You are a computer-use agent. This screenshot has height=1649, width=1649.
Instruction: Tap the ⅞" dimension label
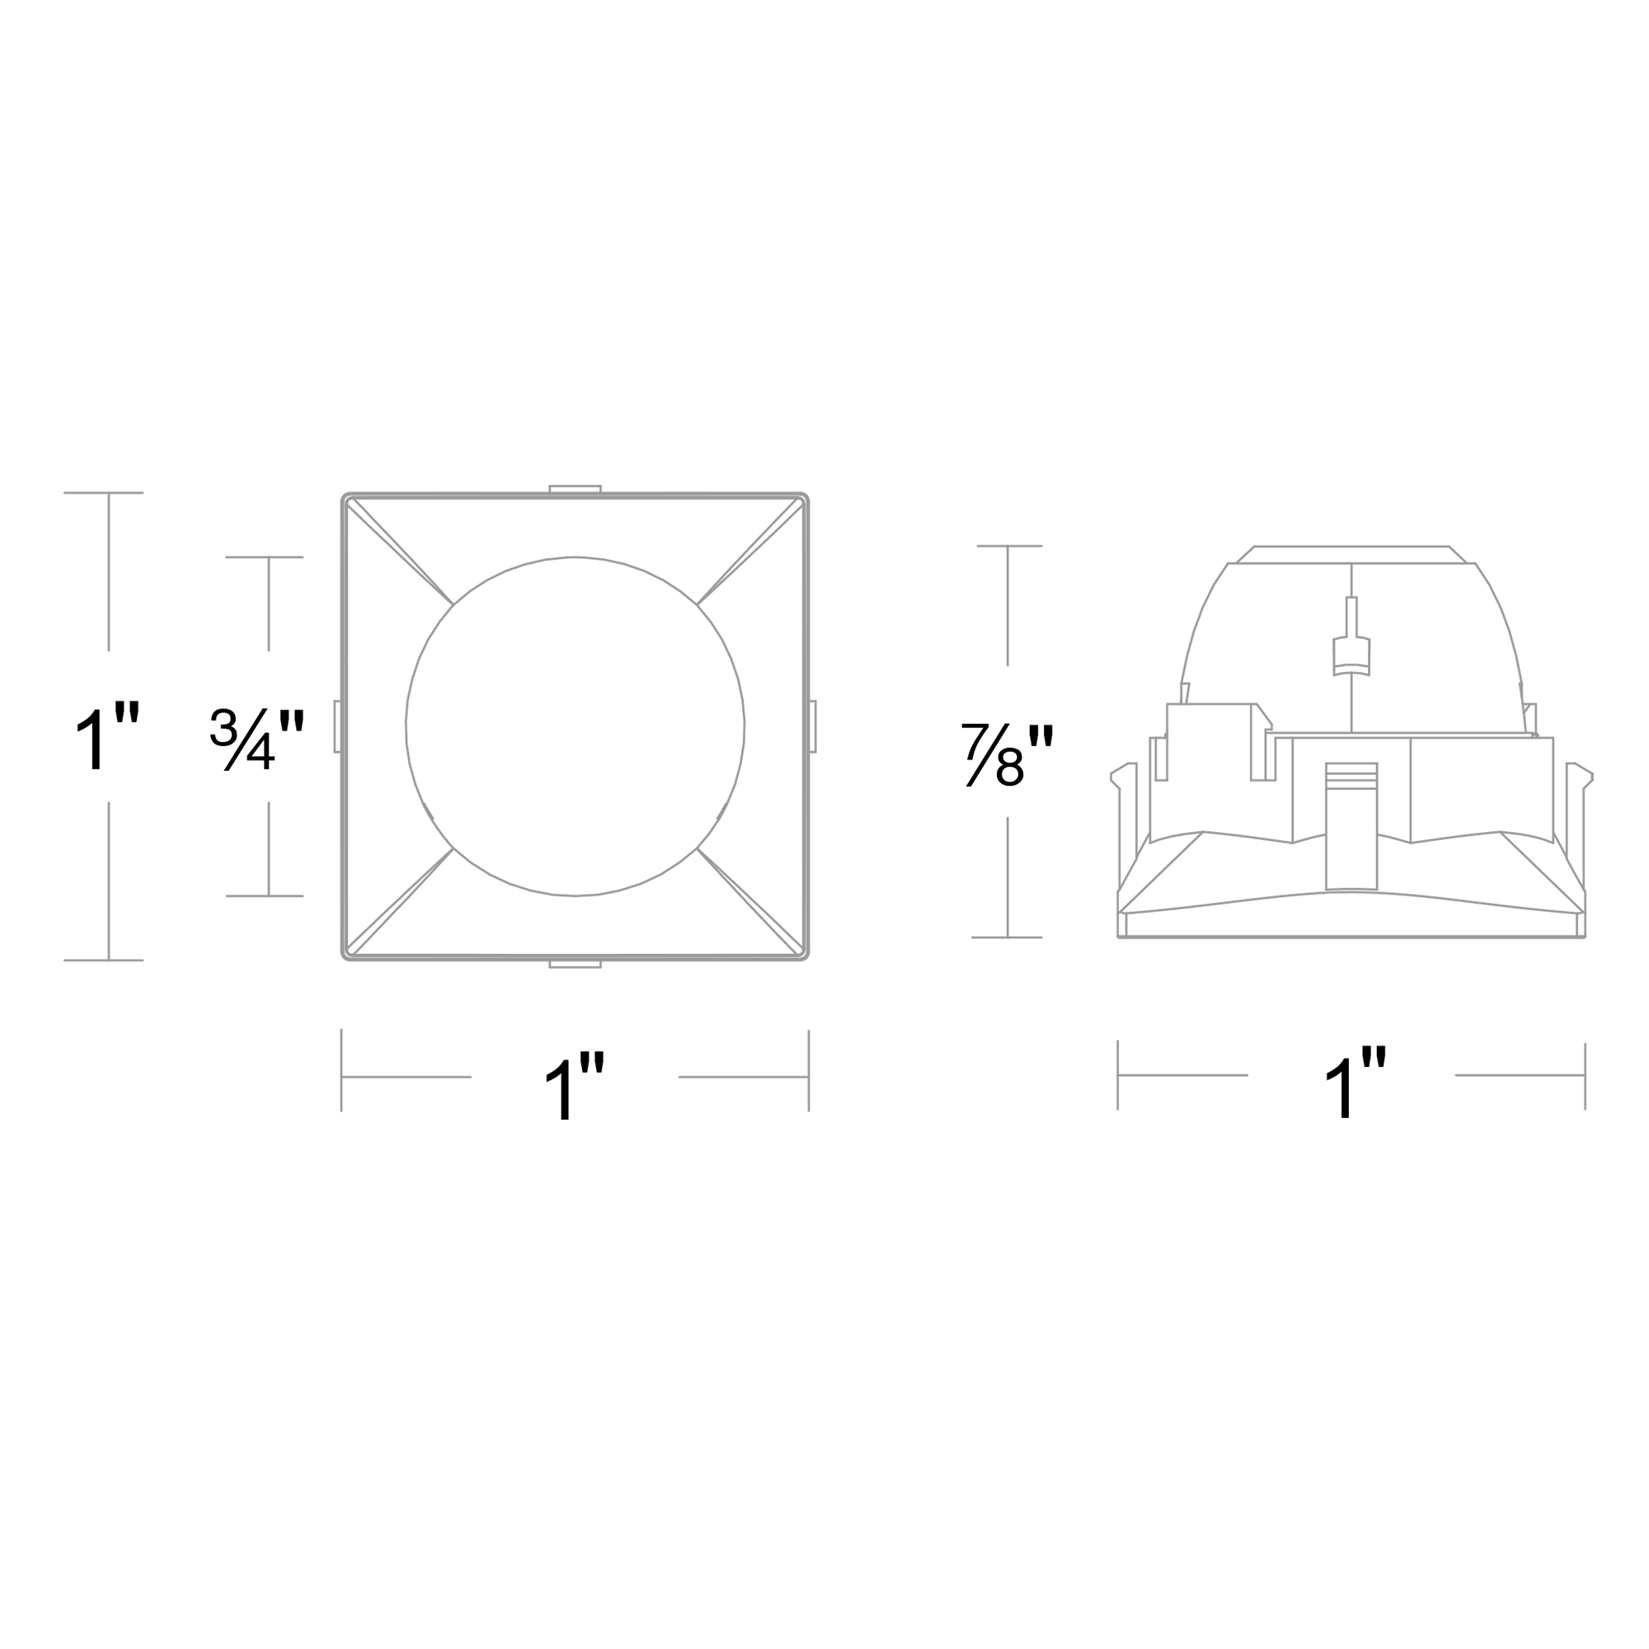(1008, 754)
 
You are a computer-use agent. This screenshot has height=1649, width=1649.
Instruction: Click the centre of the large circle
(575, 726)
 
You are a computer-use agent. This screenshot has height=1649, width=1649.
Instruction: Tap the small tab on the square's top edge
(575, 489)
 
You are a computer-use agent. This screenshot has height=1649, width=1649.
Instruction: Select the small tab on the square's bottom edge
(575, 964)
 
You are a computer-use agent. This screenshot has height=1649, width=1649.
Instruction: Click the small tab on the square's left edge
(337, 726)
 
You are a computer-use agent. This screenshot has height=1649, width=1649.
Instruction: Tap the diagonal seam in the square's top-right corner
(749, 552)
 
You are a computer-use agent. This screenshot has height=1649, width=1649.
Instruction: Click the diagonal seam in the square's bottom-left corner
(399, 901)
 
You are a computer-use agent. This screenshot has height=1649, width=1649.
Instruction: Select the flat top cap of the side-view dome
(1351, 555)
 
